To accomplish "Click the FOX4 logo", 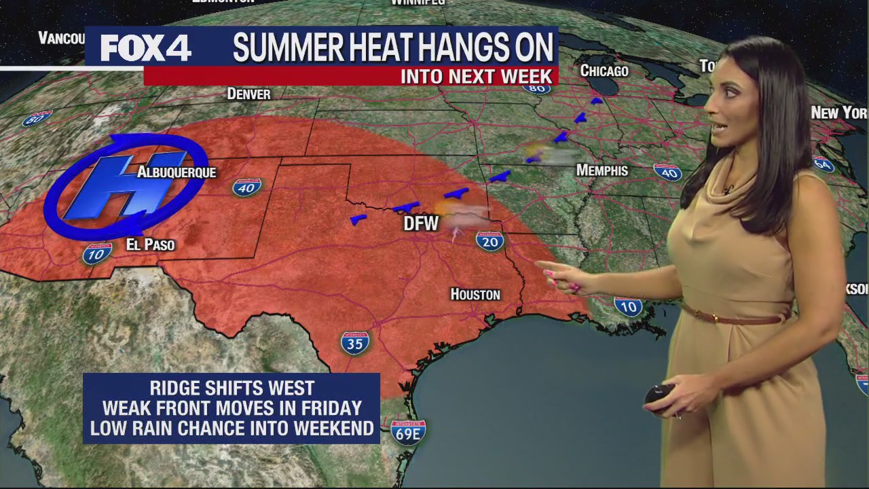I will pyautogui.click(x=145, y=48).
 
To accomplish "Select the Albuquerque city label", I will pyautogui.click(x=177, y=173).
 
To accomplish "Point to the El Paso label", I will pyautogui.click(x=151, y=244).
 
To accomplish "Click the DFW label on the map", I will pyautogui.click(x=421, y=223).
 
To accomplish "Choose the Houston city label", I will pyautogui.click(x=475, y=294).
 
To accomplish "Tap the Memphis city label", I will pyautogui.click(x=602, y=170).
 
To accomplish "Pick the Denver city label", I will pyautogui.click(x=248, y=94).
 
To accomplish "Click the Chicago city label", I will pyautogui.click(x=604, y=71).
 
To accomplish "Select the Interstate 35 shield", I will pyautogui.click(x=354, y=343).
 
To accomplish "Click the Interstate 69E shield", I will pyautogui.click(x=408, y=433).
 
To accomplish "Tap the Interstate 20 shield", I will pyautogui.click(x=489, y=240).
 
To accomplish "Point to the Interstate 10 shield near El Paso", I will pyautogui.click(x=97, y=253).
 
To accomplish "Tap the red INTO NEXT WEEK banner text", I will pyautogui.click(x=477, y=76).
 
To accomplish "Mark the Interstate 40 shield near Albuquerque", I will pyautogui.click(x=246, y=187).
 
